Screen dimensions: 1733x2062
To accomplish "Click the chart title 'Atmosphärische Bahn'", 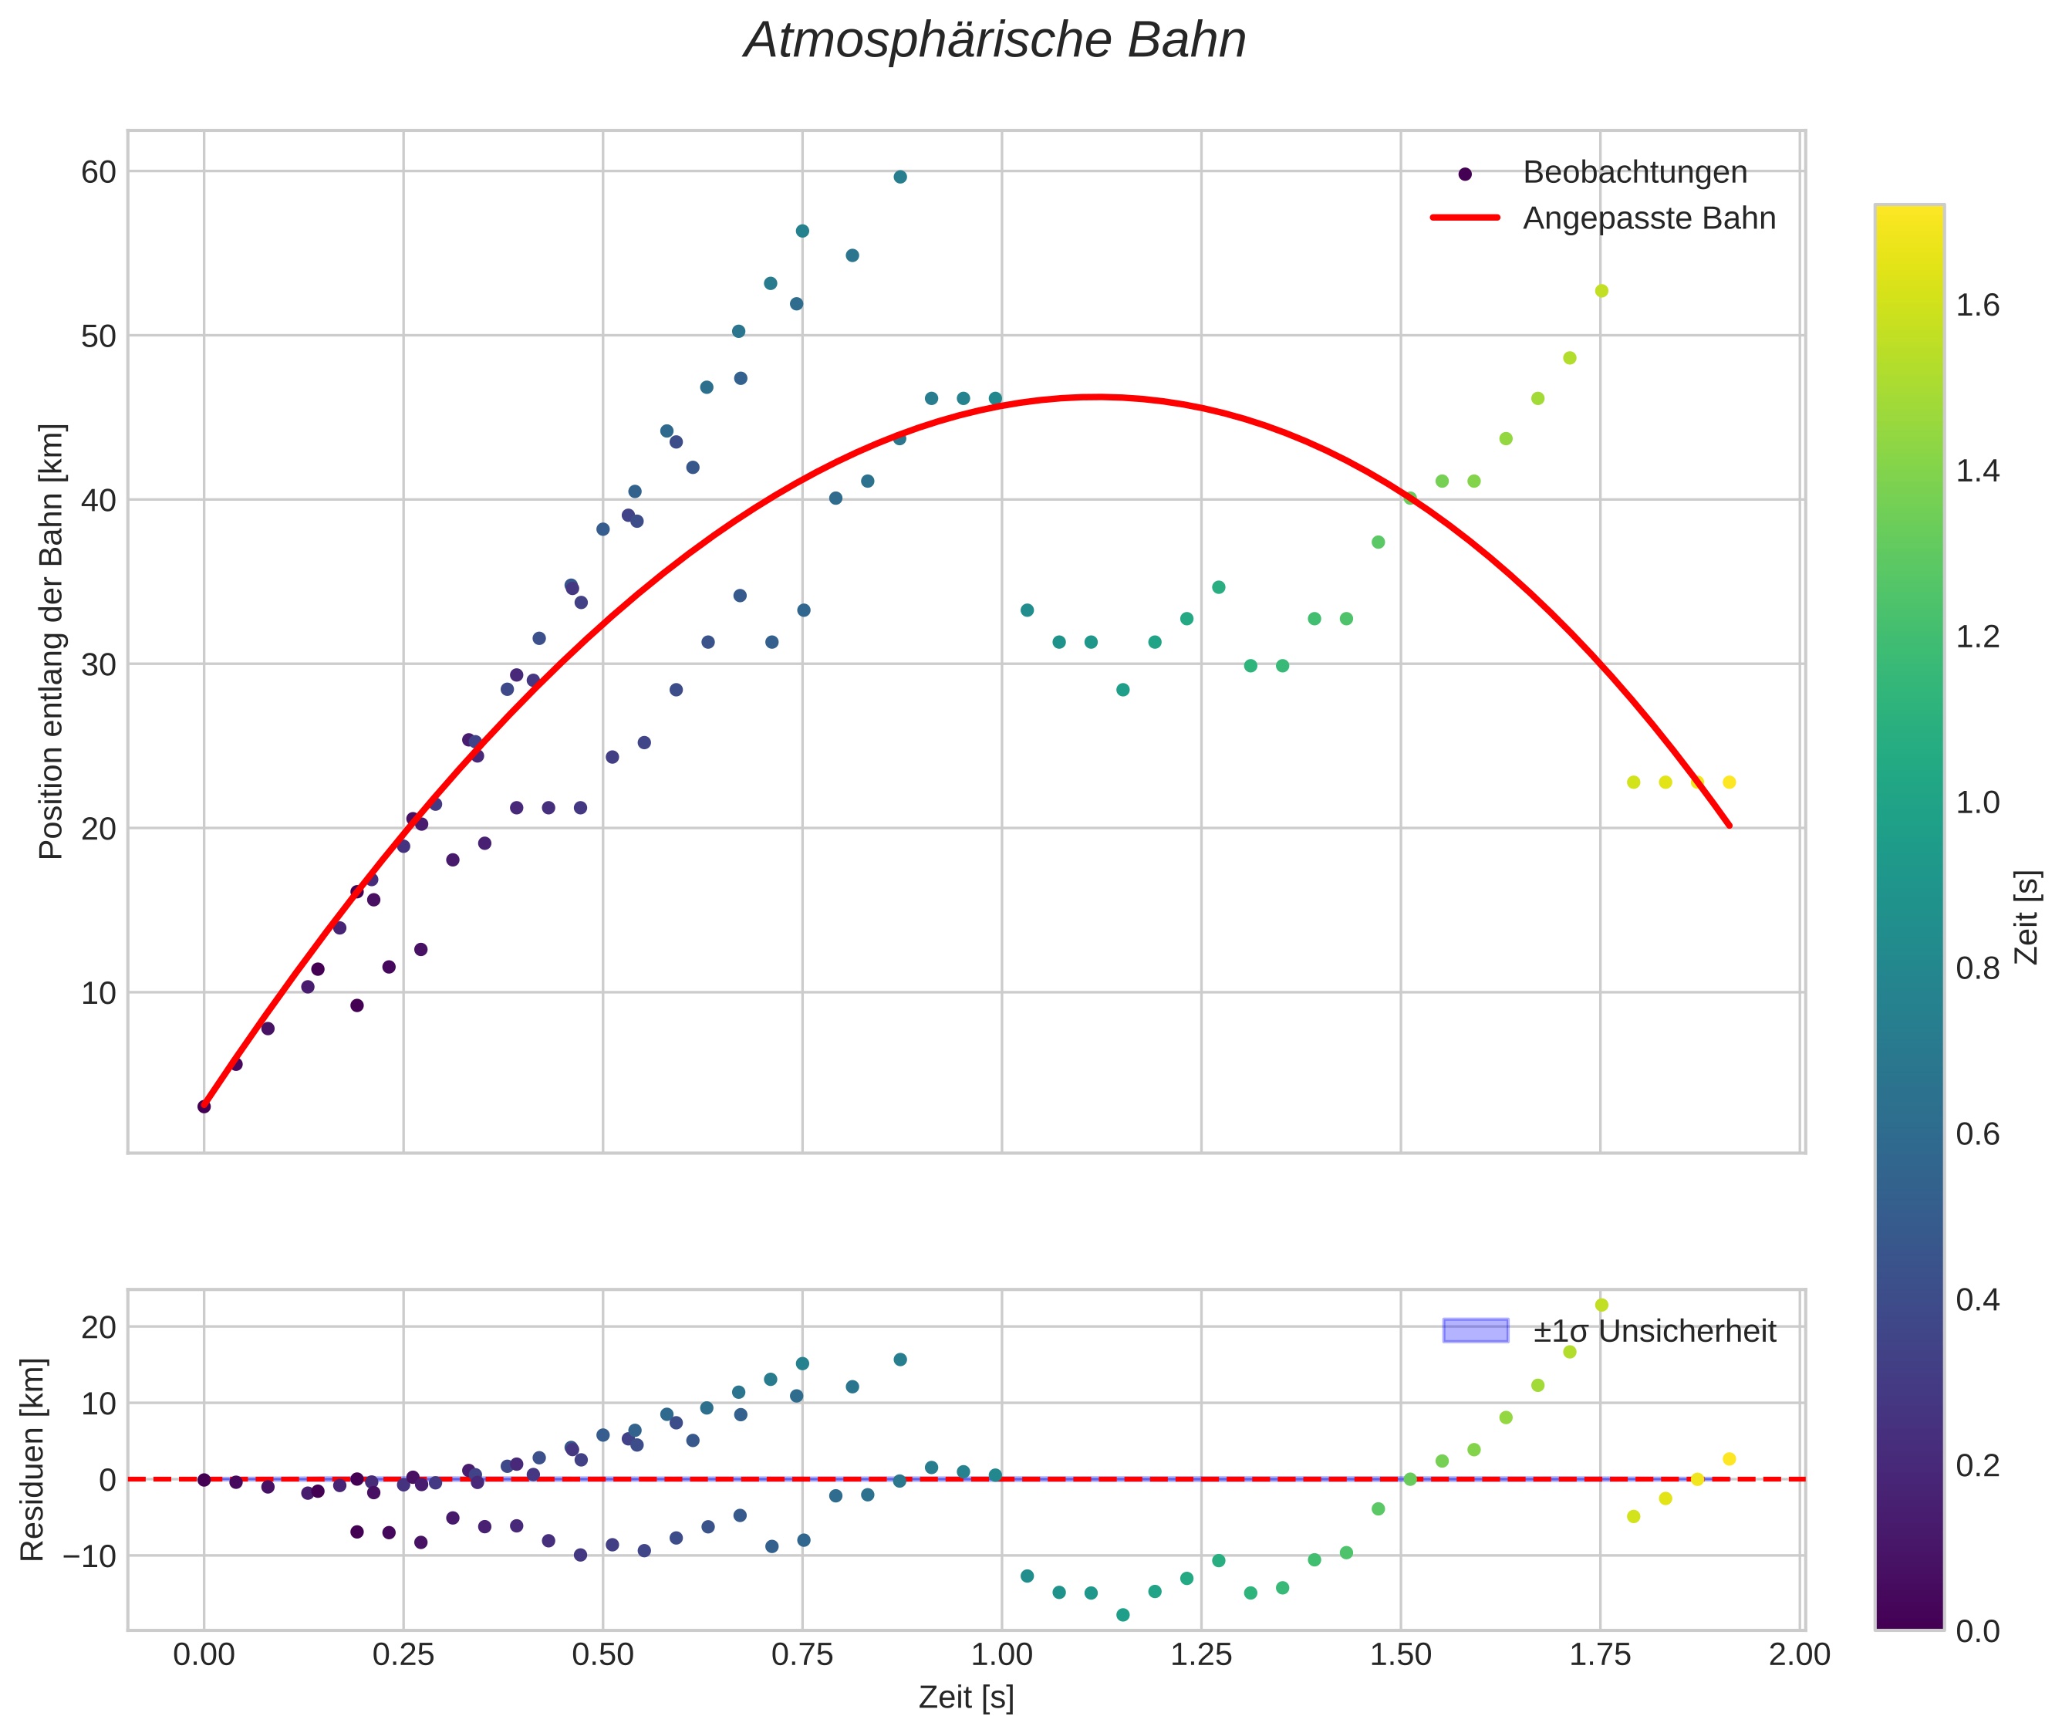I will tap(994, 41).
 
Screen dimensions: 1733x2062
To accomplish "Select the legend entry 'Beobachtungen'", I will tap(1634, 173).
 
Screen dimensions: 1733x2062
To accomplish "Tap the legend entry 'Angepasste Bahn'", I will tap(1649, 218).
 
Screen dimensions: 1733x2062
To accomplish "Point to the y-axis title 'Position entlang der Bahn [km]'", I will tap(51, 641).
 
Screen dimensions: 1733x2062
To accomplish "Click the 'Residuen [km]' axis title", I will tap(32, 1460).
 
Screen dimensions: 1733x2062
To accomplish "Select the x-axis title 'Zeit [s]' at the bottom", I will tap(966, 1697).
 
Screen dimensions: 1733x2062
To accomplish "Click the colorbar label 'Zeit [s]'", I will tap(2027, 917).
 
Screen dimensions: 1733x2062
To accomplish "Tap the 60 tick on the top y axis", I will tap(98, 172).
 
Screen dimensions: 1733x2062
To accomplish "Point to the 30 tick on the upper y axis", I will tap(98, 664).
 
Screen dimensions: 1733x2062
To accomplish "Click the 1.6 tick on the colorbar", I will tap(1977, 306).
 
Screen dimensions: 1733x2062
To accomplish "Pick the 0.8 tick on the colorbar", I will tap(1977, 968).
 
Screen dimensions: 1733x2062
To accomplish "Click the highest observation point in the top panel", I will tap(899, 177).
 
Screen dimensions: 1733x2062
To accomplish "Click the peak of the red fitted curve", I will tap(1096, 397).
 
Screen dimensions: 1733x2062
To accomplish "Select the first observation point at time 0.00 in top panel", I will tap(204, 1107).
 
